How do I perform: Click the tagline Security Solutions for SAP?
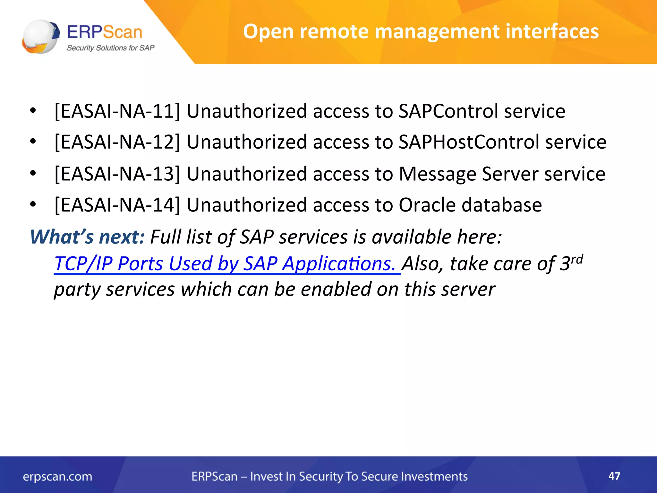coord(110,48)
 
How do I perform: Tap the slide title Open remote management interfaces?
coord(421,31)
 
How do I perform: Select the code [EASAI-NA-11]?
coord(117,111)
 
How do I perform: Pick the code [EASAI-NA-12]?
coord(117,142)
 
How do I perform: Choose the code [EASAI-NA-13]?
coord(117,174)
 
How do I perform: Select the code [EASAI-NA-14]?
coord(117,205)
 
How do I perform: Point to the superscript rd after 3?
coord(577,259)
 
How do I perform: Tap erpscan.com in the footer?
coord(57,477)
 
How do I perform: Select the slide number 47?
coord(614,476)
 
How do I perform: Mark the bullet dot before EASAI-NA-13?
coord(33,174)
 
